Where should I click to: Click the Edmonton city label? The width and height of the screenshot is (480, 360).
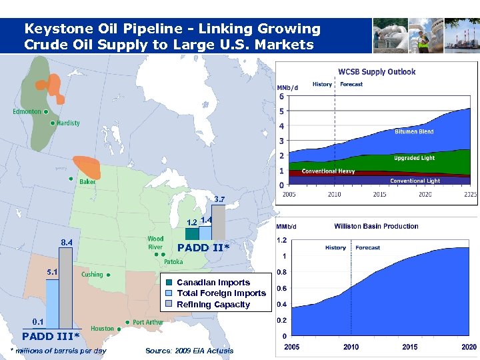pyautogui.click(x=27, y=112)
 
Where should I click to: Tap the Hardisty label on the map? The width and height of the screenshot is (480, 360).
pyautogui.click(x=67, y=123)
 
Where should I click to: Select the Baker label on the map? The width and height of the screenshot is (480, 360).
pyautogui.click(x=87, y=181)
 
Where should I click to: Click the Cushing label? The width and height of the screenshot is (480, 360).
pyautogui.click(x=92, y=274)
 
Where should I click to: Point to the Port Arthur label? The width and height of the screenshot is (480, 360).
pyautogui.click(x=147, y=322)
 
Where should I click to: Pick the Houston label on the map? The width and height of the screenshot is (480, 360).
pyautogui.click(x=102, y=329)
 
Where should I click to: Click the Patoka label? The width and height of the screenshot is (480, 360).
pyautogui.click(x=173, y=262)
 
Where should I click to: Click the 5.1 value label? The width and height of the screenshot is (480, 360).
pyautogui.click(x=52, y=272)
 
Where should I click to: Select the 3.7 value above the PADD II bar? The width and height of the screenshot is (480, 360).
pyautogui.click(x=219, y=199)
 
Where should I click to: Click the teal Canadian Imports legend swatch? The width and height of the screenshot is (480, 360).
pyautogui.click(x=169, y=283)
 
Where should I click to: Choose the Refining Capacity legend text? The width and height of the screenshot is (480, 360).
pyautogui.click(x=213, y=305)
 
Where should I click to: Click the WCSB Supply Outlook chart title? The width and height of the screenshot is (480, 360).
pyautogui.click(x=377, y=71)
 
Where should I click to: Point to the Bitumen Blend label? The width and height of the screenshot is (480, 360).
pyautogui.click(x=414, y=131)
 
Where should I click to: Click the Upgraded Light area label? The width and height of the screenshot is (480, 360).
pyautogui.click(x=414, y=158)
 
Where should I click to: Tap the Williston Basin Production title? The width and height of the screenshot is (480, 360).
pyautogui.click(x=376, y=227)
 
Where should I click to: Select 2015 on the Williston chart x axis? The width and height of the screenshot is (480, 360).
pyautogui.click(x=410, y=347)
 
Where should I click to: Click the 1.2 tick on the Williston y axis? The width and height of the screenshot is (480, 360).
pyautogui.click(x=283, y=240)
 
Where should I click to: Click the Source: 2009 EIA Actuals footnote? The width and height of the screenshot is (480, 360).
pyautogui.click(x=189, y=351)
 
